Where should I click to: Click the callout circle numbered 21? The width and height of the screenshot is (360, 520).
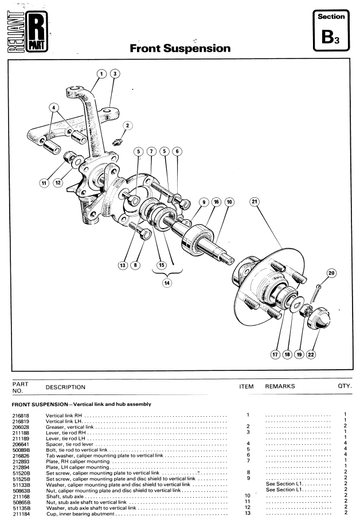[255, 201]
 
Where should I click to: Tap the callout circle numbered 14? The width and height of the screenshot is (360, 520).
[167, 283]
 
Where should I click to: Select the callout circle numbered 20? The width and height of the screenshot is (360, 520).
[331, 273]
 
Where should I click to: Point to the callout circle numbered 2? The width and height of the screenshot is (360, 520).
[127, 126]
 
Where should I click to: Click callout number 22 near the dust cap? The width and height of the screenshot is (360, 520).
[311, 354]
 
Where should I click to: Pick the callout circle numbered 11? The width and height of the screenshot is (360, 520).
[44, 183]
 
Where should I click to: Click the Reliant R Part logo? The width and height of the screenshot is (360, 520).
[28, 32]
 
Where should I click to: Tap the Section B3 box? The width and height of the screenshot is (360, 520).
[331, 30]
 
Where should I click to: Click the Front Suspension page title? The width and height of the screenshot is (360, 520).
[180, 48]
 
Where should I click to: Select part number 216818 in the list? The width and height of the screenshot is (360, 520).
[21, 416]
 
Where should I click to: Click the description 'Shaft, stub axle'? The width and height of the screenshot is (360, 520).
[65, 496]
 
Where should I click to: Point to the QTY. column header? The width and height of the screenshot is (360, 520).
[345, 386]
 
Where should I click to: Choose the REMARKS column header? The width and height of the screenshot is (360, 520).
[280, 386]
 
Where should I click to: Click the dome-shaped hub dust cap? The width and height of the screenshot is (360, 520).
[319, 318]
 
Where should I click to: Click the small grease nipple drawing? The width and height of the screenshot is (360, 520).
[118, 142]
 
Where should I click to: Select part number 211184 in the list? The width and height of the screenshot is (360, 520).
[21, 514]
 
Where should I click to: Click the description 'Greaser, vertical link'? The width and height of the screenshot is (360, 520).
[69, 427]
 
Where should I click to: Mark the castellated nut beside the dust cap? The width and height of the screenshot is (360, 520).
[305, 311]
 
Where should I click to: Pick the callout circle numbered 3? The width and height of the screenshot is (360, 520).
[115, 73]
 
